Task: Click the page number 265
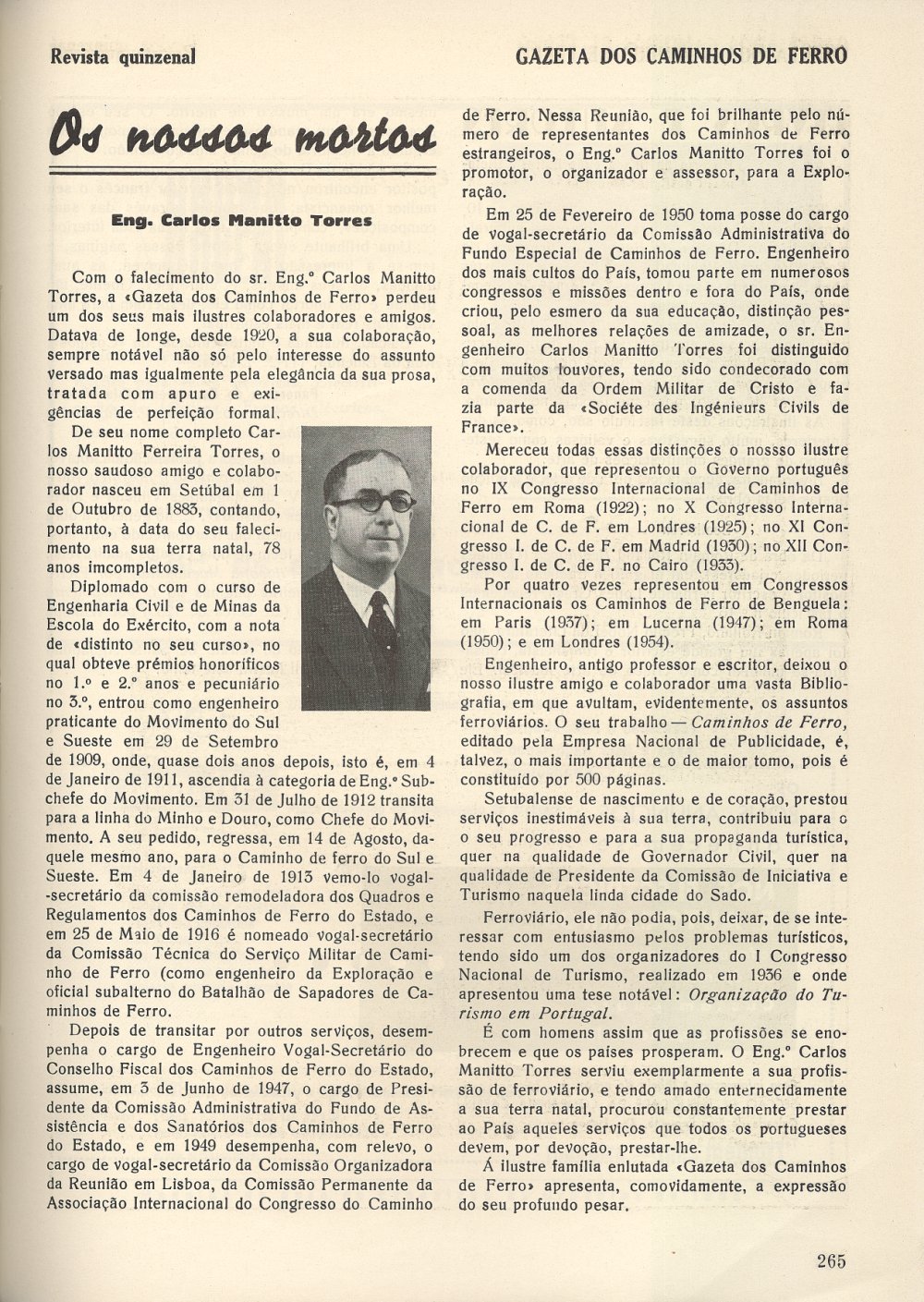click(831, 1259)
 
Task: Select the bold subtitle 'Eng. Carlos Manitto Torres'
click(241, 221)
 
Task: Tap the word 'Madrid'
click(692, 546)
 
